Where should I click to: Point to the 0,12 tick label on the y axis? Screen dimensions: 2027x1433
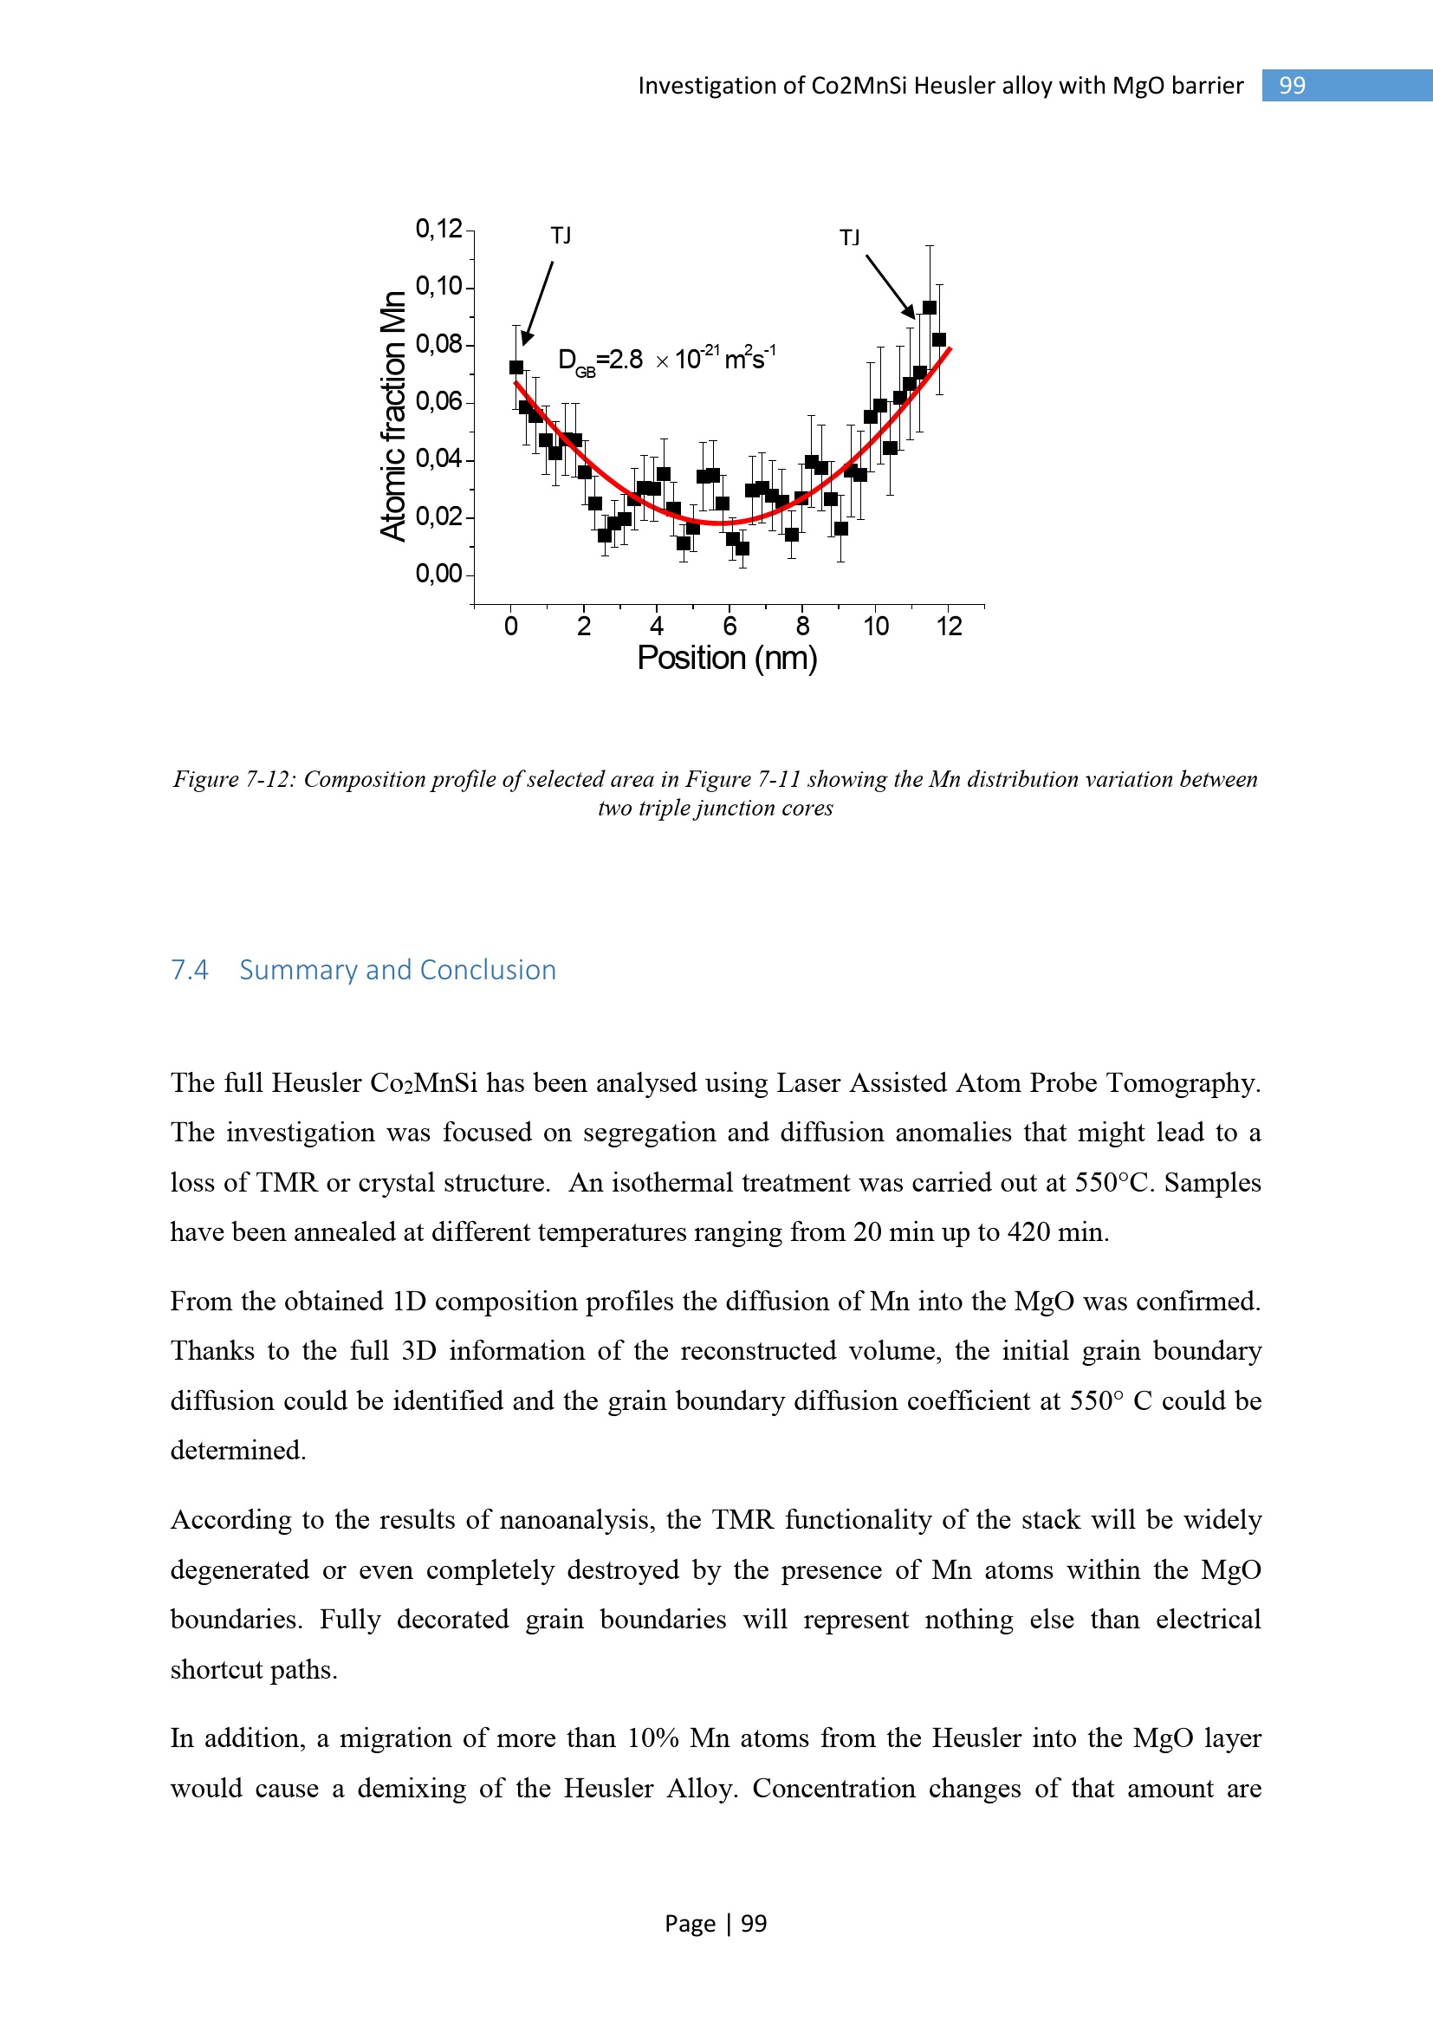point(438,229)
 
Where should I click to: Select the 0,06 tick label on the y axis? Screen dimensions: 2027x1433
point(438,402)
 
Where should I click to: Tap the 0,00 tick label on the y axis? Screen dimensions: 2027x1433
point(438,574)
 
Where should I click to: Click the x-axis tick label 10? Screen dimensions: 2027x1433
point(875,627)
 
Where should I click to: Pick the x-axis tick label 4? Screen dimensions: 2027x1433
point(657,627)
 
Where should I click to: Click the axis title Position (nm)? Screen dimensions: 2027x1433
point(727,659)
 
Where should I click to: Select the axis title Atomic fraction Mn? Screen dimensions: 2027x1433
point(393,415)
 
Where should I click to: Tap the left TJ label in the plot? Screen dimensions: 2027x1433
point(561,236)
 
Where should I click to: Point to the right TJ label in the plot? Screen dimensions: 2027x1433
point(850,237)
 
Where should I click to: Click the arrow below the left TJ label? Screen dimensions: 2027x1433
point(538,302)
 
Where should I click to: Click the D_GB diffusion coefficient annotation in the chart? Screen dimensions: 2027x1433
point(666,361)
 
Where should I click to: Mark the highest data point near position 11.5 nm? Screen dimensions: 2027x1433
point(929,308)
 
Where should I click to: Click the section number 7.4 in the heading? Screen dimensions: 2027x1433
point(190,971)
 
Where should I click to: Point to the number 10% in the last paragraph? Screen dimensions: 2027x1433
point(652,1738)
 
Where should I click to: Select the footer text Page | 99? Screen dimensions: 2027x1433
point(716,1924)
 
